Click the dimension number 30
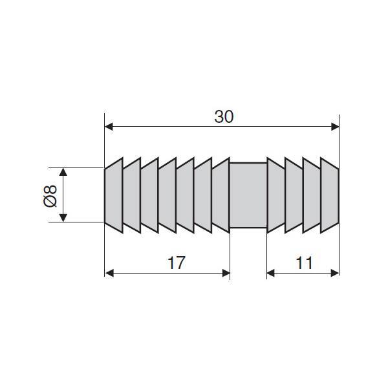[x=224, y=117]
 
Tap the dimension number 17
[x=176, y=263]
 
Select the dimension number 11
[x=304, y=263]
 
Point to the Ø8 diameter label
[x=50, y=195]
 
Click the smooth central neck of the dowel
[x=248, y=195]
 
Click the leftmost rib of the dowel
[x=114, y=195]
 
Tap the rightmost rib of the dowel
[x=330, y=195]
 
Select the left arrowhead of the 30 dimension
[x=109, y=127]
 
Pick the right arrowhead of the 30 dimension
[x=335, y=127]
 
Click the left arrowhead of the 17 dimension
[x=109, y=273]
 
